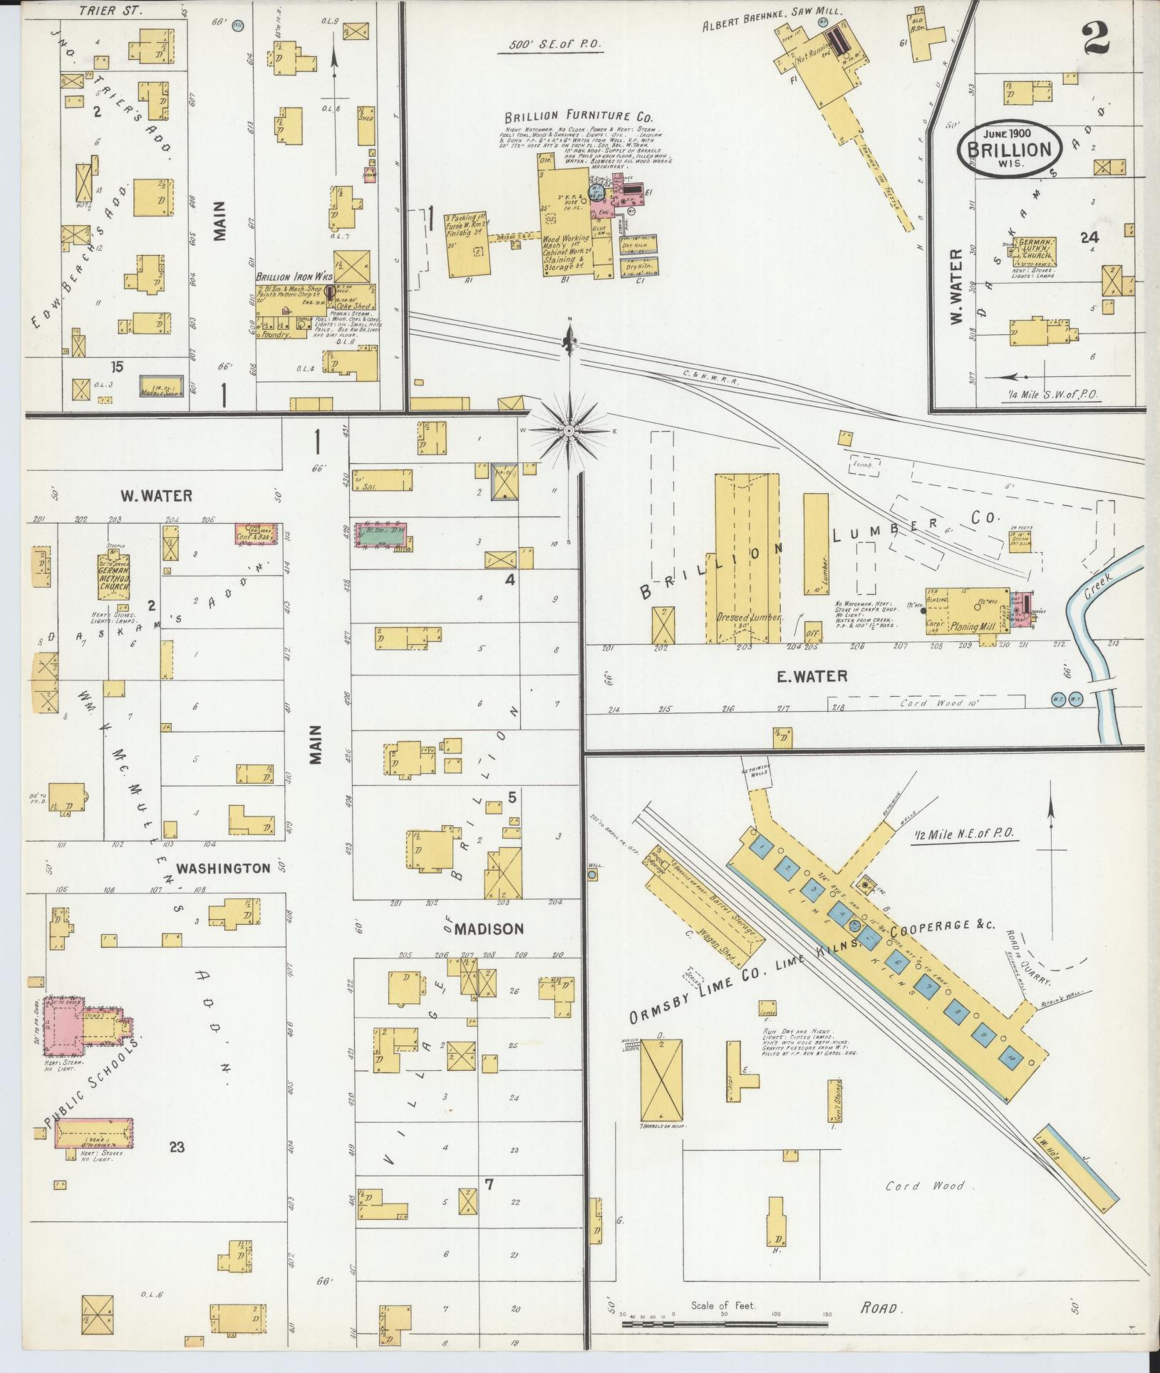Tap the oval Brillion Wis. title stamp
click(x=1010, y=148)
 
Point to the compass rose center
click(x=569, y=431)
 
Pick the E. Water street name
click(x=812, y=676)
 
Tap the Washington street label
click(x=223, y=868)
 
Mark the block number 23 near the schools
click(x=177, y=1146)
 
